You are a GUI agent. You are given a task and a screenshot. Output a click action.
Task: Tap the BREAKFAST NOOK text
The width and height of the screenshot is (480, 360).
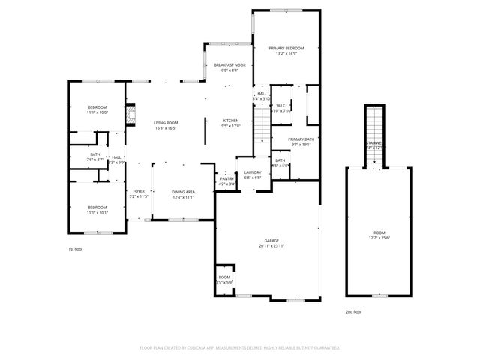pyautogui.click(x=229, y=66)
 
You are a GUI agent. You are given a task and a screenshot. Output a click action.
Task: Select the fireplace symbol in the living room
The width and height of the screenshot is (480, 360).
pyautogui.click(x=133, y=115)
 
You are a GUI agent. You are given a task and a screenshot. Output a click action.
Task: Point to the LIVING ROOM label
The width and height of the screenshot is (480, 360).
pyautogui.click(x=165, y=123)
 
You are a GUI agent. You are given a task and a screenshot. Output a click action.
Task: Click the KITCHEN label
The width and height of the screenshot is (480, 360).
pyautogui.click(x=230, y=121)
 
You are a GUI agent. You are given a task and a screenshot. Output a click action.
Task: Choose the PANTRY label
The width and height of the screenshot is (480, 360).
pyautogui.click(x=226, y=178)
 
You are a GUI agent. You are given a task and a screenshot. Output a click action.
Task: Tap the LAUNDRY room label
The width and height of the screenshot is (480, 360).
pyautogui.click(x=253, y=173)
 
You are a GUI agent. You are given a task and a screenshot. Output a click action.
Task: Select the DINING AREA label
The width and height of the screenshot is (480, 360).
pyautogui.click(x=184, y=192)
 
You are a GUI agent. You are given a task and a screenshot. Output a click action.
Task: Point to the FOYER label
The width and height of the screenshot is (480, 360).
pyautogui.click(x=139, y=191)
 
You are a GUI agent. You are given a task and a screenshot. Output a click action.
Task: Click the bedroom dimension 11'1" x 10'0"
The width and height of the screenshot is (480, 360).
pyautogui.click(x=97, y=112)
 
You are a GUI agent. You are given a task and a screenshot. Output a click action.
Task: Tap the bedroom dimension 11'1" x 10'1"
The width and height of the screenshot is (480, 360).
pyautogui.click(x=97, y=213)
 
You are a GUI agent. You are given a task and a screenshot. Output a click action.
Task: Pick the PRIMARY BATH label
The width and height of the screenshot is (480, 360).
pyautogui.click(x=301, y=140)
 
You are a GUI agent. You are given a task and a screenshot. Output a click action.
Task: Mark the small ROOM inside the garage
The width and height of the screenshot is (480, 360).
pyautogui.click(x=224, y=278)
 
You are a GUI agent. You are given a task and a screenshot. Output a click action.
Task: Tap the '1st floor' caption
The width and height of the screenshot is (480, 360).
pyautogui.click(x=76, y=248)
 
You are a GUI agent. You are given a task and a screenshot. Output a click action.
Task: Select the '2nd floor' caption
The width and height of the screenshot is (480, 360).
pyautogui.click(x=353, y=310)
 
